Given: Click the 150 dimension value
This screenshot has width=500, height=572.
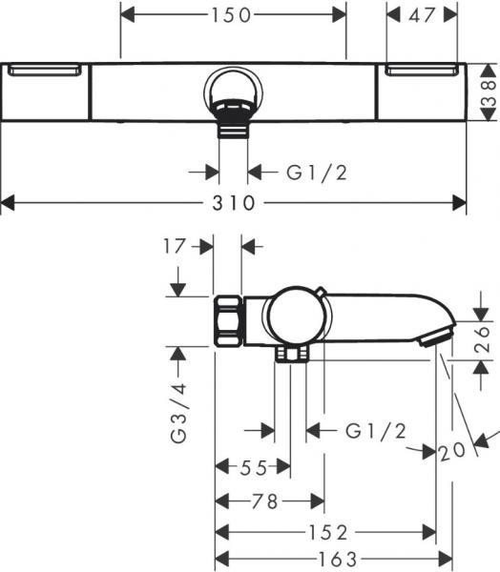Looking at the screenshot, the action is (x=231, y=15).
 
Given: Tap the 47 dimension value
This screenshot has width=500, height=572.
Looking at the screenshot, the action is (x=422, y=15).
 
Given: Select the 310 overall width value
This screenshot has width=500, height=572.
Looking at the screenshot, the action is (x=234, y=203).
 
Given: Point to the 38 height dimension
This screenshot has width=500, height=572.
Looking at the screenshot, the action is (x=489, y=93).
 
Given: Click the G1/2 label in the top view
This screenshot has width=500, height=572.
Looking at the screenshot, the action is (x=317, y=173).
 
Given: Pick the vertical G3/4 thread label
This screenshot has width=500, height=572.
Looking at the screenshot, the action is (x=178, y=413).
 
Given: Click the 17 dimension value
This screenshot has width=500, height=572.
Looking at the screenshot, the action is (x=175, y=246).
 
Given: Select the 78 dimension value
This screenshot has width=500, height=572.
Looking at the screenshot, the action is (x=265, y=501).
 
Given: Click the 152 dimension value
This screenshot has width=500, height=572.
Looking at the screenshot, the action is (x=328, y=533).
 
